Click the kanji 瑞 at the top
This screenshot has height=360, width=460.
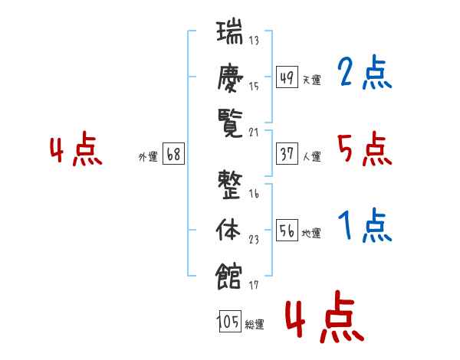point(229,31)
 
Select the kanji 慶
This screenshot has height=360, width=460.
point(230,78)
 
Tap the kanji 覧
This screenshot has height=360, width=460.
point(230,123)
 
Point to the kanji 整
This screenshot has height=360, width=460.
point(230,185)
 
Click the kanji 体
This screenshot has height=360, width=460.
point(228,230)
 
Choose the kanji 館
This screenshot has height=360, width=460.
point(228,276)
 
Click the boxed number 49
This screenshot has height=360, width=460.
point(287,77)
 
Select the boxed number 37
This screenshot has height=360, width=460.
point(287,154)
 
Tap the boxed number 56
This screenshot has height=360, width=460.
point(287,230)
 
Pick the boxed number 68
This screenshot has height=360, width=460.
point(173,154)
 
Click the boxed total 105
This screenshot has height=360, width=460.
point(230,322)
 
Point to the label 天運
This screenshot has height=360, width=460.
point(312,80)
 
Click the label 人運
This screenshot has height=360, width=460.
point(312,156)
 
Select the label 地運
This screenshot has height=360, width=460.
point(311,234)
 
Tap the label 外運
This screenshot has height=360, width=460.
point(148,157)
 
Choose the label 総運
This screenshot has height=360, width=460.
point(255,325)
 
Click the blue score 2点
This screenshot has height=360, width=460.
point(365,72)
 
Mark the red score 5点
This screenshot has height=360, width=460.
point(365,149)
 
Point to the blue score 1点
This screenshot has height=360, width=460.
point(365,225)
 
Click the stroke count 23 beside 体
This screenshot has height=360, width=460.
point(254,240)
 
